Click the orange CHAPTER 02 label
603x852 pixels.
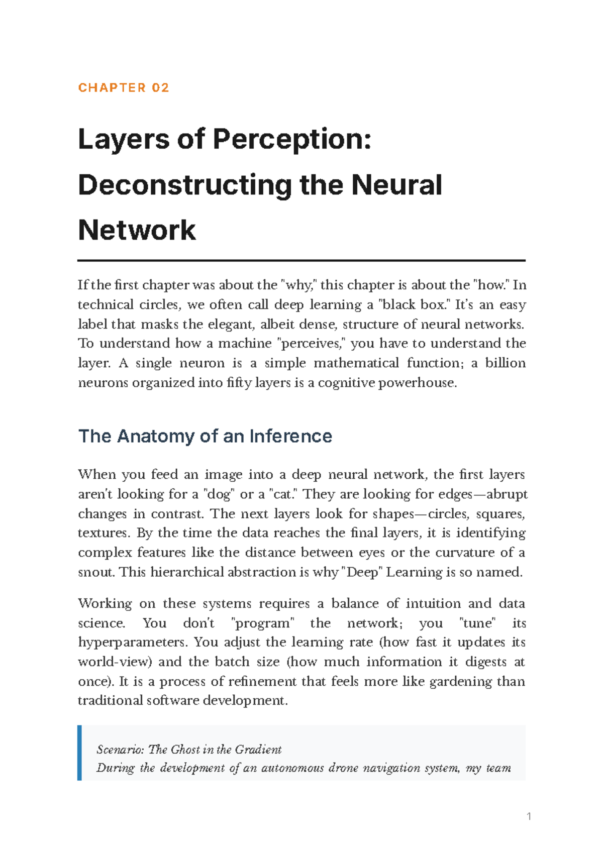pyautogui.click(x=124, y=88)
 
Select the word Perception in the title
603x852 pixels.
pyautogui.click(x=292, y=139)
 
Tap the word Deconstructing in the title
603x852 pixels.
pyautogui.click(x=184, y=185)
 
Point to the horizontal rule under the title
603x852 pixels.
pyautogui.click(x=301, y=261)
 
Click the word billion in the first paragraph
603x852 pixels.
pyautogui.click(x=505, y=363)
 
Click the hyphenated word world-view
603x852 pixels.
pyautogui.click(x=115, y=662)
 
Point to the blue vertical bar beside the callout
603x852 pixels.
pyautogui.click(x=79, y=753)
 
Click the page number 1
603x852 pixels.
pyautogui.click(x=529, y=816)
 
